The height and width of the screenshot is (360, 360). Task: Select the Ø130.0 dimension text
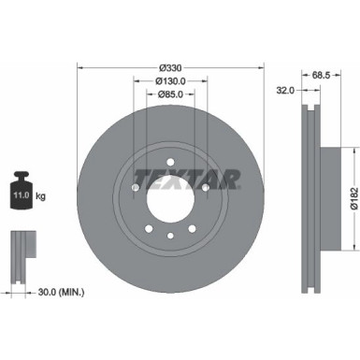point(169,80)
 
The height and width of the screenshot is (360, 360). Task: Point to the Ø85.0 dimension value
point(169,94)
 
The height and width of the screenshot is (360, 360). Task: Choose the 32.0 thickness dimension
point(286,90)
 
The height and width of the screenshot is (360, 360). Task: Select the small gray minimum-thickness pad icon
point(22,249)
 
